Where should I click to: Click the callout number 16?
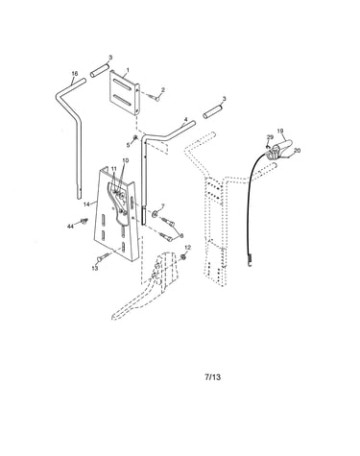point(75,74)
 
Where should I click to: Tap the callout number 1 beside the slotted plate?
point(128,70)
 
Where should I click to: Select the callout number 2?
point(163,90)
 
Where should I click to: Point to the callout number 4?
point(185,120)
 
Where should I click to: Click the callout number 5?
point(129,145)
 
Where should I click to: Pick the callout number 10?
point(125,160)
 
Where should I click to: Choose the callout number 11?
point(114,169)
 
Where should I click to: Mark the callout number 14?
point(86,204)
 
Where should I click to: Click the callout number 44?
point(70,227)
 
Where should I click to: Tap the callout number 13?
point(95,268)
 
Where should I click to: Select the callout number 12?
point(188,248)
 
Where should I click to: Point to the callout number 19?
point(280,131)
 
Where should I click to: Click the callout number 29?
point(270,137)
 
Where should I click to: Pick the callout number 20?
point(297,151)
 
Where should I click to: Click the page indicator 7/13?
point(212,377)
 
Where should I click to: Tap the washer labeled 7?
point(155,213)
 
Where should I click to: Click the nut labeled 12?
point(183,256)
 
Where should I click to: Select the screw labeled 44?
point(84,221)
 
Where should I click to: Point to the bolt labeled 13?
point(103,257)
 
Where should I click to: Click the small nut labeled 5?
point(135,138)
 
